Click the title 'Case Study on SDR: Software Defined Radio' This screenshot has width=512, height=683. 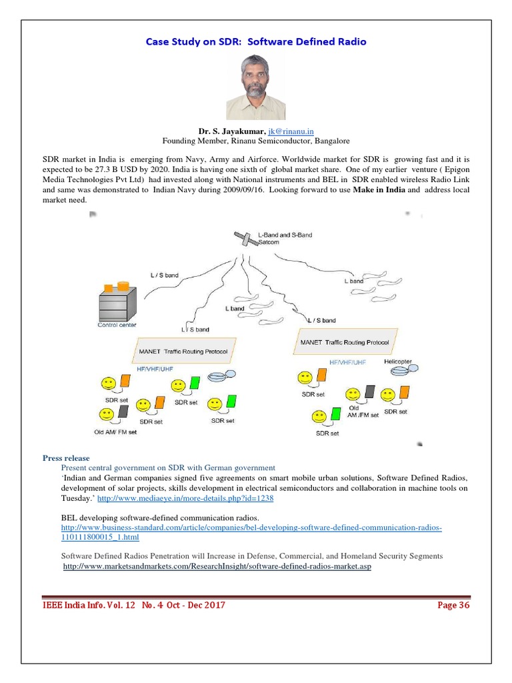pos(256,41)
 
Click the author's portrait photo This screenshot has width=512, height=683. pos(255,87)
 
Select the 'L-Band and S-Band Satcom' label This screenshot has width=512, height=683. pos(285,239)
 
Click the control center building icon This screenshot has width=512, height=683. pos(117,299)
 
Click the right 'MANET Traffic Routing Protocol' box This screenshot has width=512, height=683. pos(345,342)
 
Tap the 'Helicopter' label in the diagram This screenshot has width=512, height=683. pos(398,362)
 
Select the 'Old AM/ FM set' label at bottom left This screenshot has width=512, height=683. pos(115,432)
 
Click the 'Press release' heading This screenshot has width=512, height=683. pos(65,458)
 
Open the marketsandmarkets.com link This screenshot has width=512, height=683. pos(217,566)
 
